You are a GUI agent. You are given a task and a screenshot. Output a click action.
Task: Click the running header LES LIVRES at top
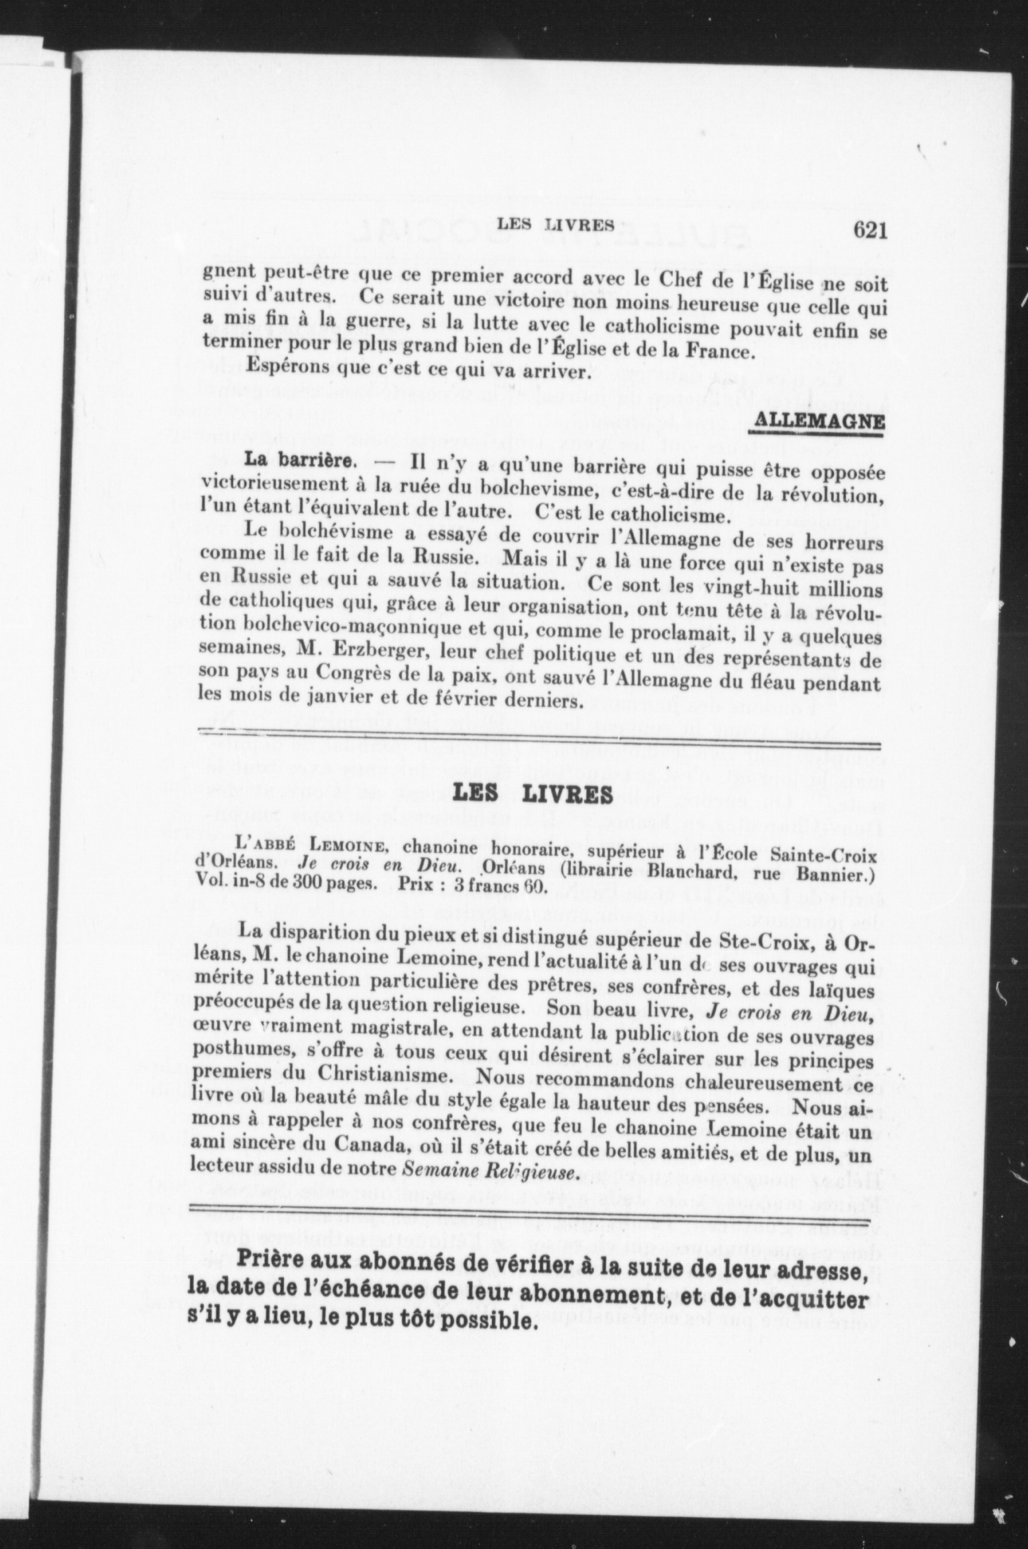555,225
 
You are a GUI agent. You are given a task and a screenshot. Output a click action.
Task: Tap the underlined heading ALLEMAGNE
817,421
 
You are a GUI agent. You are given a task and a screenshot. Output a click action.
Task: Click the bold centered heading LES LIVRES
533,794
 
